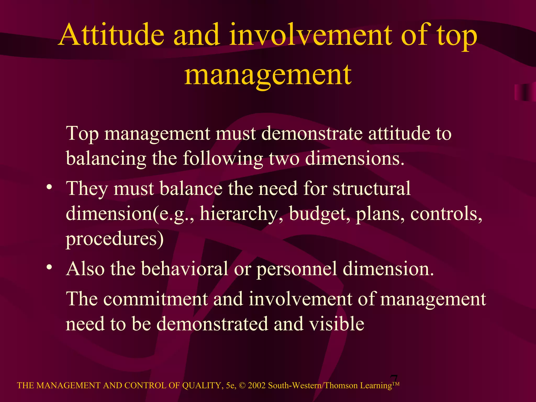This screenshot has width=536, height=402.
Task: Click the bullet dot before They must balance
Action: (49, 188)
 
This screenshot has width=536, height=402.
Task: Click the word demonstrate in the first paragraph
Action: (311, 133)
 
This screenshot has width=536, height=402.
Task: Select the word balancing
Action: (106, 159)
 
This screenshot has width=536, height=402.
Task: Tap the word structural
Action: (371, 188)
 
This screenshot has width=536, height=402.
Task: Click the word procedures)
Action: (115, 239)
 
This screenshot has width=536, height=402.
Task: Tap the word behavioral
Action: (185, 269)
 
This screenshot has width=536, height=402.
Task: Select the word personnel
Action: (296, 269)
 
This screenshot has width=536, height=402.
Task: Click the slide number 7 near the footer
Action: (394, 379)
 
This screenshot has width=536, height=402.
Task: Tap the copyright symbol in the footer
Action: (242, 386)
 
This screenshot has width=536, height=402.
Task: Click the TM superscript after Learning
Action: (396, 384)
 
